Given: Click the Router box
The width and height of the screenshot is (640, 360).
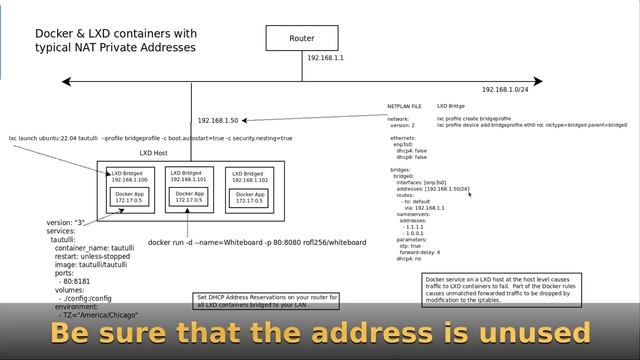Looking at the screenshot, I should click(302, 38).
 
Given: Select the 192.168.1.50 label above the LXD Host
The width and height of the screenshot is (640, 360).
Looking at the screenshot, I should click(218, 119).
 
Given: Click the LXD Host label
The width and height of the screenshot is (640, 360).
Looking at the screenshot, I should click(153, 153).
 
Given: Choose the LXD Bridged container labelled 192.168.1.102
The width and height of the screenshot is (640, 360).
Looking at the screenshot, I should click(250, 189).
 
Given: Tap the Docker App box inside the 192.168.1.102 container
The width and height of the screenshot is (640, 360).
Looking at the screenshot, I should click(250, 197).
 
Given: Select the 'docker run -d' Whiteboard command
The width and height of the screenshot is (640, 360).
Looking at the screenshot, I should click(256, 242).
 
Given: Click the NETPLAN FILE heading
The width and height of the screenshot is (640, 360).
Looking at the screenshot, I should click(405, 105).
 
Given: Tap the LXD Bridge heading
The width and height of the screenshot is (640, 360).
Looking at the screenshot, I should click(451, 105).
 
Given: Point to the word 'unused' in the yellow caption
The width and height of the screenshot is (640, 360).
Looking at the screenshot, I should click(533, 332).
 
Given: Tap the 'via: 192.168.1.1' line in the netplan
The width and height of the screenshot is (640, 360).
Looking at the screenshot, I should click(424, 207).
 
